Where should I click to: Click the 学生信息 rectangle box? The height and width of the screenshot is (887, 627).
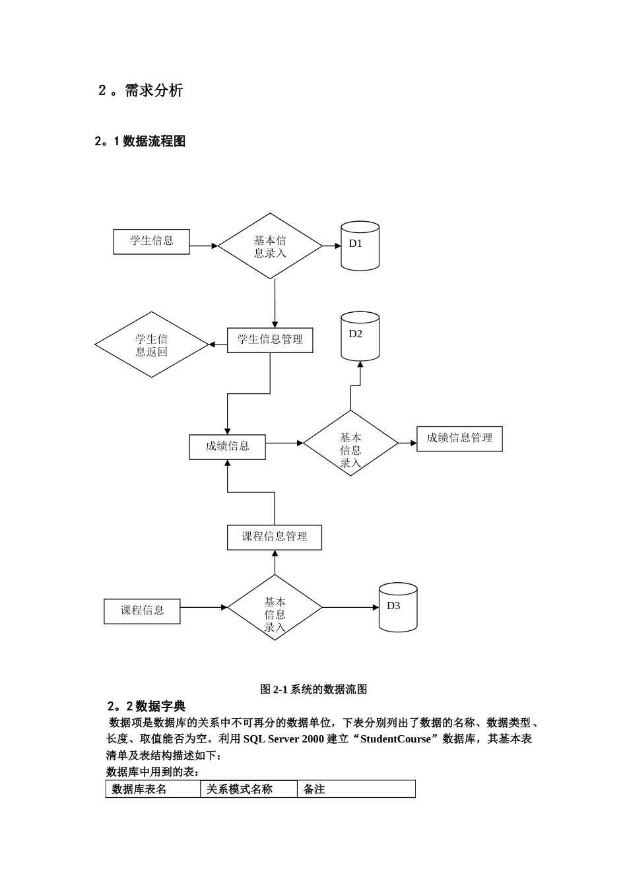click(151, 241)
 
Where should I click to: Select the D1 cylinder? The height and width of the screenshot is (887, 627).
click(360, 246)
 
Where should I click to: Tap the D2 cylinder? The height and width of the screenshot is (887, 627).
click(360, 336)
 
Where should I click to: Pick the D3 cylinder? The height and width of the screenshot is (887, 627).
click(398, 607)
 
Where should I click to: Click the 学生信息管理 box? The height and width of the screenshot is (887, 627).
click(270, 339)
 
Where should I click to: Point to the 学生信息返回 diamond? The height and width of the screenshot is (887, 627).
click(152, 345)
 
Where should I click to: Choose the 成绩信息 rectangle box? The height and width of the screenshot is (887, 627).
click(227, 447)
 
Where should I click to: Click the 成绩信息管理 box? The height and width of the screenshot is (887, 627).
click(459, 438)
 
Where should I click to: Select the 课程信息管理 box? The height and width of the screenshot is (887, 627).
click(275, 537)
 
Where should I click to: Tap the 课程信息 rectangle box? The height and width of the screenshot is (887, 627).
click(142, 610)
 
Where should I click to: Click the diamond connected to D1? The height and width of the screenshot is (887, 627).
click(271, 246)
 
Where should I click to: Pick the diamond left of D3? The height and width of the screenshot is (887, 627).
click(275, 608)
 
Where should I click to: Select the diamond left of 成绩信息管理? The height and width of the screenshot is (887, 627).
click(350, 443)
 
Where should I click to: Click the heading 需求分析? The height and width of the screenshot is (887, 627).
click(141, 90)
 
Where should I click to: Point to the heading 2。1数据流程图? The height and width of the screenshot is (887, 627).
click(140, 141)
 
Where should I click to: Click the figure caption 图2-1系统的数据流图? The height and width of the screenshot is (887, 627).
click(313, 690)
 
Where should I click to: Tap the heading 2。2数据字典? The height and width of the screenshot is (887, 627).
click(146, 706)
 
